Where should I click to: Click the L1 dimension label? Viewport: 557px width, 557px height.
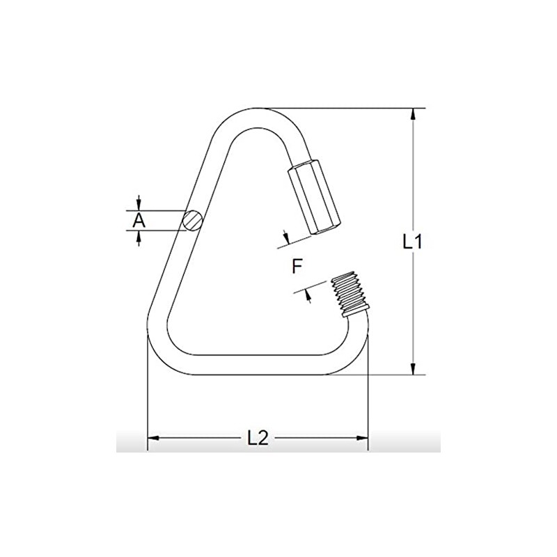[413, 242]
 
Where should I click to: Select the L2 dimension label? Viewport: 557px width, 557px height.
[258, 437]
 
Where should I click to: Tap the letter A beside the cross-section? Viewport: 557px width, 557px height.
[139, 221]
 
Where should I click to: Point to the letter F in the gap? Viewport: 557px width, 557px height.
[297, 265]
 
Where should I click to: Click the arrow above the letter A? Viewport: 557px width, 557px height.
[139, 203]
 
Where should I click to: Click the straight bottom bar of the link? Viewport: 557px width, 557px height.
[258, 365]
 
